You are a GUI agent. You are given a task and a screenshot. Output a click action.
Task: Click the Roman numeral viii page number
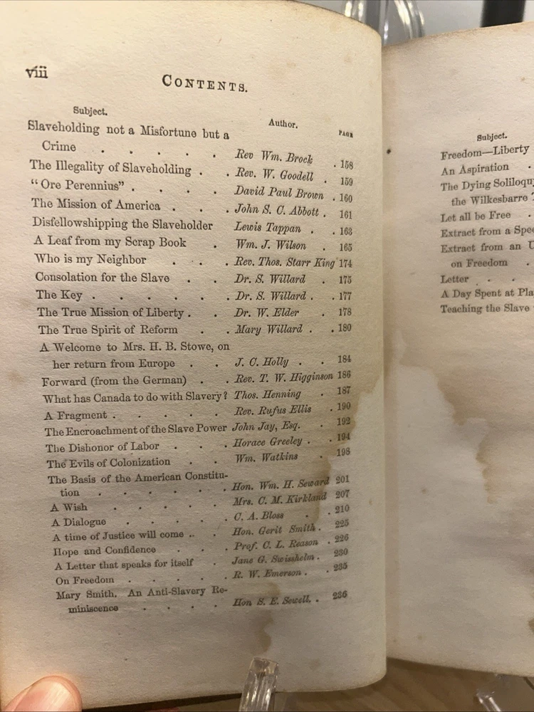point(36,72)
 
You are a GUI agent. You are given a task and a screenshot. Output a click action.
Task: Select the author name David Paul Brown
point(278,193)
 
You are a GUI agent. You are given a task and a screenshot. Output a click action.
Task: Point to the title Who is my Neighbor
point(90,259)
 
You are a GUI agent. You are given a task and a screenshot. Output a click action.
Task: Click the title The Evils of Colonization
point(109,464)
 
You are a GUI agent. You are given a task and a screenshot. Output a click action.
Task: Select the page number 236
point(340,595)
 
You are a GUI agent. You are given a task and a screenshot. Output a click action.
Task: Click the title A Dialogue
point(78,522)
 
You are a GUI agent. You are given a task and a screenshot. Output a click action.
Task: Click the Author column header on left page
point(283,124)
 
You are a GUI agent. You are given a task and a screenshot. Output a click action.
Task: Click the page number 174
point(346,263)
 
